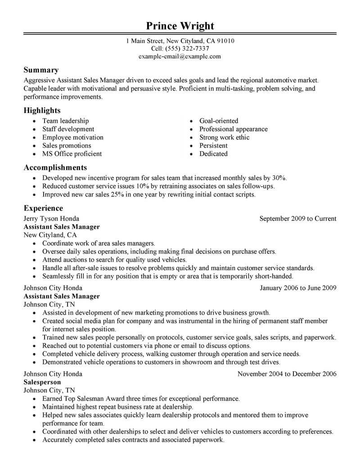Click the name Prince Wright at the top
(180, 25)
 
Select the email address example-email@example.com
(180, 56)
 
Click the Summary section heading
(41, 70)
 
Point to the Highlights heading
(42, 110)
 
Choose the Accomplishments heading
(55, 168)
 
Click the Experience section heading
(43, 208)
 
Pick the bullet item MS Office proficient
(72, 154)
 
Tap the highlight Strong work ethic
(224, 137)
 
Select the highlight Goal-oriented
(219, 121)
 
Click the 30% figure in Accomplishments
(279, 178)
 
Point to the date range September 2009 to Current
(298, 219)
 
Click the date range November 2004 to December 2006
(287, 374)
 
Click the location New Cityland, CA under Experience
(50, 235)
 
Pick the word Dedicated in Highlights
(213, 154)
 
